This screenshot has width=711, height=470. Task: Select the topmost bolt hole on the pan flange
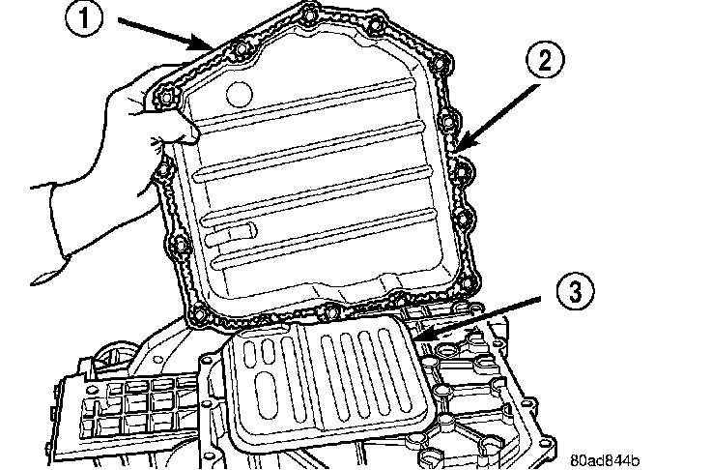coord(308,15)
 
